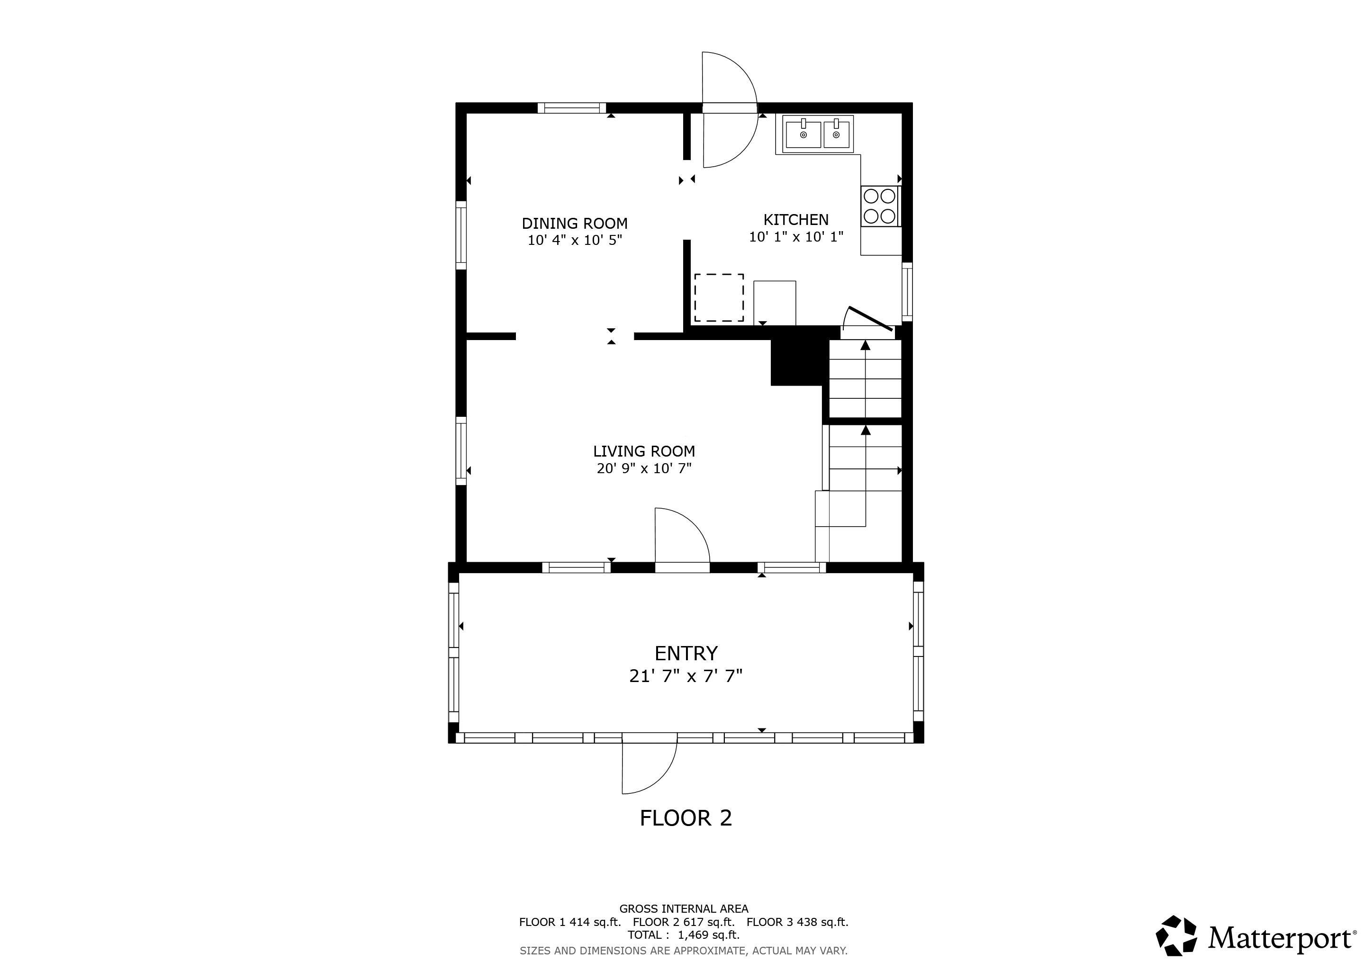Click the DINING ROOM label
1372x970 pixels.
pos(574,224)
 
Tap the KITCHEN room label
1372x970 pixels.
pos(795,220)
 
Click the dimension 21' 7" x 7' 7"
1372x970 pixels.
pos(686,676)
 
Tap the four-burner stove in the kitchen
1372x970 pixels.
pos(880,206)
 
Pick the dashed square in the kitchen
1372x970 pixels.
pos(718,297)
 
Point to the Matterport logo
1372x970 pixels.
pos(1255,938)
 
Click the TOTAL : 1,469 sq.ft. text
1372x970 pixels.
pos(683,935)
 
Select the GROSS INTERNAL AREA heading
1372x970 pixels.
pos(683,909)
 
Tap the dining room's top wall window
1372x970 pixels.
pos(571,108)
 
